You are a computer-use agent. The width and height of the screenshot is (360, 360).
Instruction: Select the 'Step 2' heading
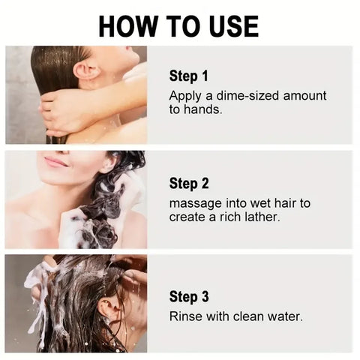tap(190, 184)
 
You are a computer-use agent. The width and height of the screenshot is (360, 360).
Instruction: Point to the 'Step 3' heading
tap(190, 297)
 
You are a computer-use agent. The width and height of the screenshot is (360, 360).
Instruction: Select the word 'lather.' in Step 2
tap(259, 217)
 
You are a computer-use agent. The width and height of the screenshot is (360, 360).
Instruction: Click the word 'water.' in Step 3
tap(285, 316)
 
